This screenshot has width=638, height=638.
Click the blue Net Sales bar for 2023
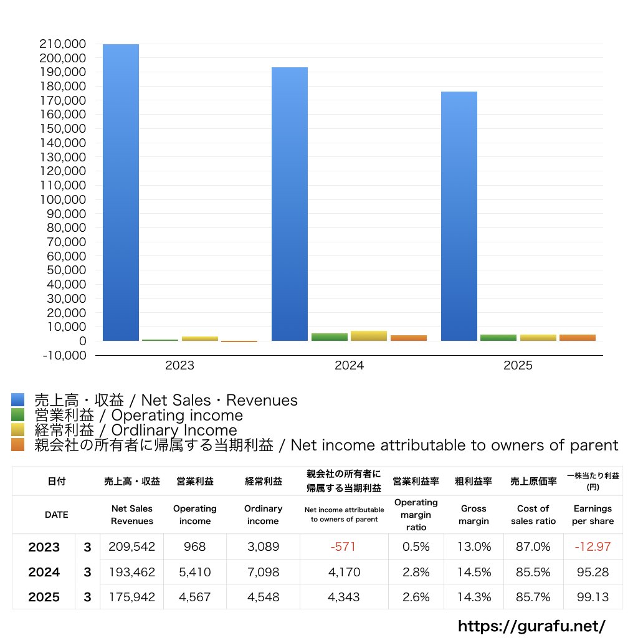(121, 193)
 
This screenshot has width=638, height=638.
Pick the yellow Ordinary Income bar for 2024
(369, 336)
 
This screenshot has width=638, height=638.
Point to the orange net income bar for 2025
(578, 338)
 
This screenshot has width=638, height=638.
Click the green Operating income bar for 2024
(330, 337)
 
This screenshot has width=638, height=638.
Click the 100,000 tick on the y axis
(64, 199)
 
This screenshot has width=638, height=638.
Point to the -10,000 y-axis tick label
(64, 355)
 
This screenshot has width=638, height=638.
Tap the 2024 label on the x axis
(349, 366)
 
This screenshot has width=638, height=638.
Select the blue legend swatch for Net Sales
(17, 400)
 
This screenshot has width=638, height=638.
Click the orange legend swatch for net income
(17, 445)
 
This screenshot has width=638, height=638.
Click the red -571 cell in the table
(343, 547)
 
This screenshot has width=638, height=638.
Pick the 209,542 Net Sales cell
(131, 547)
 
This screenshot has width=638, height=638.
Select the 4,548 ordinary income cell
(263, 597)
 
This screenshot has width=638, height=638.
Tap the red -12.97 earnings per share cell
(593, 547)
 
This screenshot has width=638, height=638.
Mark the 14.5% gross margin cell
(474, 572)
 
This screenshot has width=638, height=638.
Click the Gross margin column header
(474, 515)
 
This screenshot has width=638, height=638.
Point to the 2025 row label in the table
(44, 597)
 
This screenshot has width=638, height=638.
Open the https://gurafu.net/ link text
(531, 626)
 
